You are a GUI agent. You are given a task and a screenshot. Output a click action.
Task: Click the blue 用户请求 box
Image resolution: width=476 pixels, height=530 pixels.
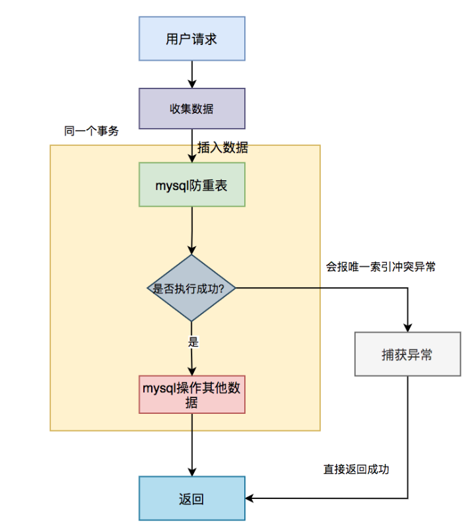click(x=191, y=38)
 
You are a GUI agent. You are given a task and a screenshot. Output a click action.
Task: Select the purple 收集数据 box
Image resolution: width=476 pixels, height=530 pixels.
click(x=191, y=108)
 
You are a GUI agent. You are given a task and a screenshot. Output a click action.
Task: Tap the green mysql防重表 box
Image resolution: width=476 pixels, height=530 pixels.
click(x=191, y=185)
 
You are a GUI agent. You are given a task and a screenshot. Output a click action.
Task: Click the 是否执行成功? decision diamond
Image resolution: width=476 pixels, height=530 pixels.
click(x=191, y=288)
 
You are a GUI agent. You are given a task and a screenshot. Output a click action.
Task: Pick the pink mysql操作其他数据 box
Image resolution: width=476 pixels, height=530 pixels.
click(x=191, y=395)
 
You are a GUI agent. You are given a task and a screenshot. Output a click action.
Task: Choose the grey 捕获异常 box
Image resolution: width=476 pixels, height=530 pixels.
click(x=407, y=354)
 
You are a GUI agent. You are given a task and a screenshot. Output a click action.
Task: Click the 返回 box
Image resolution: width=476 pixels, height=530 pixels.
click(x=191, y=498)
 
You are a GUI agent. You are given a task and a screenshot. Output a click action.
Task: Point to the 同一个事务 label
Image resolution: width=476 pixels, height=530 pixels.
click(x=91, y=131)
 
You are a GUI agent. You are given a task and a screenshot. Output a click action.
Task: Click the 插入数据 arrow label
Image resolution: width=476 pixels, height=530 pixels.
click(x=222, y=147)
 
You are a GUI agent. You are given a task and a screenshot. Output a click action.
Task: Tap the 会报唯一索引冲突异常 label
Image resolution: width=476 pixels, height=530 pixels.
click(x=381, y=267)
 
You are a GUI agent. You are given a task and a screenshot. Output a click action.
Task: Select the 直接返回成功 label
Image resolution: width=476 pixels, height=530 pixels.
click(x=356, y=469)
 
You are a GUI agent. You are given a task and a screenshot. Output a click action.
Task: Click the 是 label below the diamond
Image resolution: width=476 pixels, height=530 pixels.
click(x=193, y=341)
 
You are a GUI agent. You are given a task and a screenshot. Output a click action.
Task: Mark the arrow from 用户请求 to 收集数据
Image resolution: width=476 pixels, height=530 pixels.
click(x=192, y=75)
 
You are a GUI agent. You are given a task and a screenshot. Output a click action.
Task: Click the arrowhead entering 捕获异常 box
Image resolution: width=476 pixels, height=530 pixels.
click(x=408, y=327)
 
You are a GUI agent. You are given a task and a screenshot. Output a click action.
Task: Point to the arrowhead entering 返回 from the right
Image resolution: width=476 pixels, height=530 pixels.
click(x=250, y=498)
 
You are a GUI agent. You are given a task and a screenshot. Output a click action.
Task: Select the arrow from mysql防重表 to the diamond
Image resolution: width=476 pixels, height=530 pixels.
click(x=192, y=230)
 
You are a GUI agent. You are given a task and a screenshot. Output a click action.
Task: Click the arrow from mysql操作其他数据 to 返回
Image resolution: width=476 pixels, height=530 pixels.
click(x=192, y=445)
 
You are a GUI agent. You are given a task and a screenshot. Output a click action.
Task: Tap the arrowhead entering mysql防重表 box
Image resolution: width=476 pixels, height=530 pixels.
click(x=192, y=158)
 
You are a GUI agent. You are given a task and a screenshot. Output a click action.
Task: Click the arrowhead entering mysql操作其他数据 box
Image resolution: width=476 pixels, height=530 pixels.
click(x=192, y=371)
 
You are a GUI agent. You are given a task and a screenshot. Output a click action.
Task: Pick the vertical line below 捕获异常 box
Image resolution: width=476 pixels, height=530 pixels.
click(x=408, y=437)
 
